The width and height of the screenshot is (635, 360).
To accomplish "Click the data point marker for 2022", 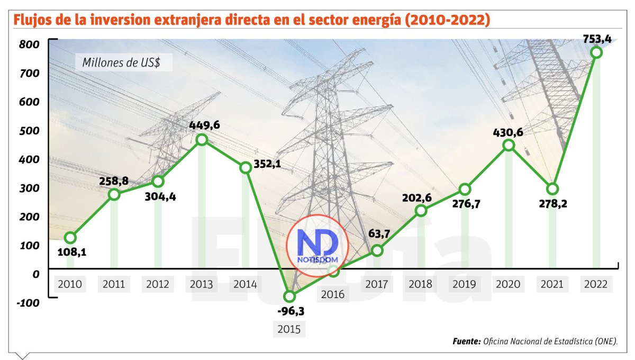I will [x=596, y=52].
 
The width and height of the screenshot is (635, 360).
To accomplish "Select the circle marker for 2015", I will [x=289, y=296].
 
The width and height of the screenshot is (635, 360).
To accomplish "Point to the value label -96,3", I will [x=289, y=311].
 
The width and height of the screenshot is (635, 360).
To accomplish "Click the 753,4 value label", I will [x=596, y=38].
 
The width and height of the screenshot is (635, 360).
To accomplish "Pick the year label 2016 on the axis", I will [x=333, y=294].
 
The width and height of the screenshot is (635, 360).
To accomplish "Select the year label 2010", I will [x=70, y=284].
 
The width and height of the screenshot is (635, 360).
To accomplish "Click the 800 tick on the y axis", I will [x=30, y=44].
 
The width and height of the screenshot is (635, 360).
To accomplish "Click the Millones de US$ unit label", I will [x=128, y=62].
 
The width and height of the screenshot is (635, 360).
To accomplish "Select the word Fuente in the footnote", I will [x=466, y=341].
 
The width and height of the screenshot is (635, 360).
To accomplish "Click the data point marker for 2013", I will [x=202, y=139].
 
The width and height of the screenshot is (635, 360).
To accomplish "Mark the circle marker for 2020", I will [x=509, y=145].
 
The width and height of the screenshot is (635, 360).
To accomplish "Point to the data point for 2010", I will [x=70, y=238].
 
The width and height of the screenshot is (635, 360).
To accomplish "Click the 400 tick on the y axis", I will [x=30, y=159].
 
